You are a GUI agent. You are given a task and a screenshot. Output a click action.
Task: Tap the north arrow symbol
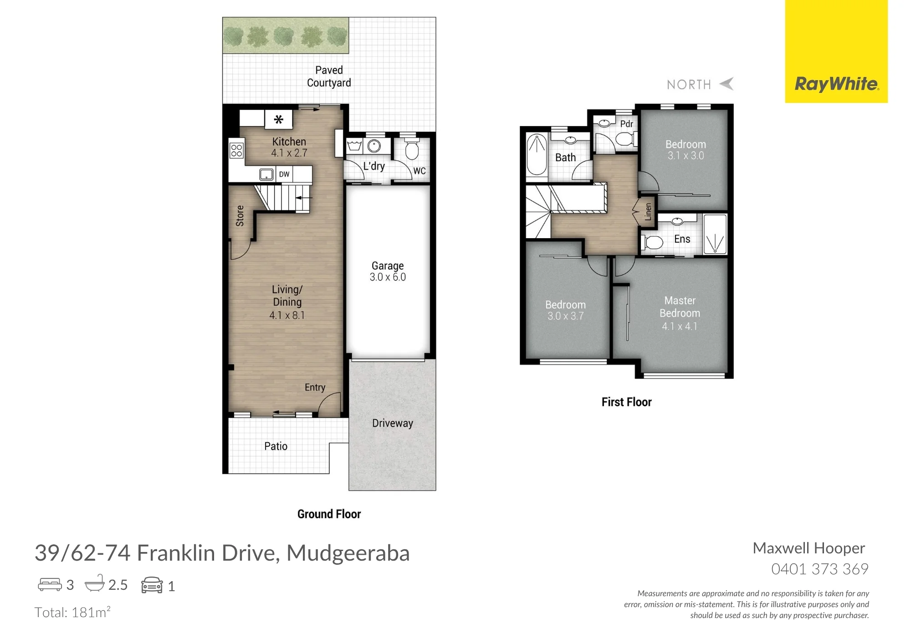click(x=727, y=84)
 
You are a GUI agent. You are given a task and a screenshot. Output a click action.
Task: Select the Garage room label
click(x=388, y=266)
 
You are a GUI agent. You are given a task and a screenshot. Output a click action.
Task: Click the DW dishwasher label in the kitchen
click(x=284, y=174)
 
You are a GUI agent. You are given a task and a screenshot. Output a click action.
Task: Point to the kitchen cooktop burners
click(x=236, y=150)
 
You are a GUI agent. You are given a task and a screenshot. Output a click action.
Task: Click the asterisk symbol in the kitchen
click(x=278, y=119)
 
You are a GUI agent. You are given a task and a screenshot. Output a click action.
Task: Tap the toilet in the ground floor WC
click(x=412, y=149)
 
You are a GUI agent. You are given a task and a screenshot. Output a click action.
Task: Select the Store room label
click(x=240, y=216)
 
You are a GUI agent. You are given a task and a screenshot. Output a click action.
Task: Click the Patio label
click(x=276, y=446)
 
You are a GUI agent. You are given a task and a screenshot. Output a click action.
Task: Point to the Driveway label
click(x=393, y=423)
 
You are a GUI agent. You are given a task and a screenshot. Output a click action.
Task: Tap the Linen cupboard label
click(x=648, y=212)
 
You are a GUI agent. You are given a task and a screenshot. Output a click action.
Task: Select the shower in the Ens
click(x=715, y=234)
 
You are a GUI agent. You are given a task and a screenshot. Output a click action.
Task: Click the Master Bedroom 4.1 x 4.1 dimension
click(x=680, y=326)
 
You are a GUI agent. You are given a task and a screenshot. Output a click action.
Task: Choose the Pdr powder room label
click(x=627, y=124)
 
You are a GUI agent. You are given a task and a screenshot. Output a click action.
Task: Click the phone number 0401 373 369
click(x=820, y=569)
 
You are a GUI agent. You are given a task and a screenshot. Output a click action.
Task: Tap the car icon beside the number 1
click(x=152, y=585)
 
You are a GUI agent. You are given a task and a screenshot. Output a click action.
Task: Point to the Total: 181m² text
click(x=72, y=612)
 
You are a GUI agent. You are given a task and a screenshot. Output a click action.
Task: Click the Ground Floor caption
click(x=329, y=514)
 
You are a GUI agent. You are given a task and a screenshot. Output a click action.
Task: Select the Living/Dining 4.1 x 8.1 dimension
click(x=287, y=315)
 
